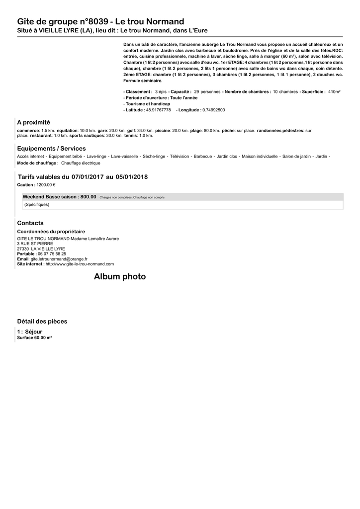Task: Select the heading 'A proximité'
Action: pyautogui.click(x=33, y=122)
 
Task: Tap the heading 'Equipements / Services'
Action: pyautogui.click(x=51, y=149)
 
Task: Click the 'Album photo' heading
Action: pyautogui.click(x=120, y=277)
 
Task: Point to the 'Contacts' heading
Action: pyautogui.click(x=30, y=223)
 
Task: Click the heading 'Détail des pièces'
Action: pyautogui.click(x=42, y=322)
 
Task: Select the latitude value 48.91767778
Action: pyautogui.click(x=158, y=110)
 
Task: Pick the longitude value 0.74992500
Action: pyautogui.click(x=213, y=110)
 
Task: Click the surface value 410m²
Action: pyautogui.click(x=334, y=92)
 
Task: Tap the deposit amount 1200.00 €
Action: pyautogui.click(x=46, y=184)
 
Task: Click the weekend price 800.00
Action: pyautogui.click(x=88, y=197)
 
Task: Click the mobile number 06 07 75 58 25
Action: pyautogui.click(x=52, y=254)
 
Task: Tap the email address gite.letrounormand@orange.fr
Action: pyautogui.click(x=59, y=259)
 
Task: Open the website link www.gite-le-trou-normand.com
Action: pyautogui.click(x=80, y=264)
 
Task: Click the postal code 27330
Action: pyautogui.click(x=23, y=249)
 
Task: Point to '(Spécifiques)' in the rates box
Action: pyautogui.click(x=37, y=204)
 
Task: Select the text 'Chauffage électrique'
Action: pyautogui.click(x=81, y=163)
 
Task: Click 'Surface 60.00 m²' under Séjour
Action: pyautogui.click(x=34, y=338)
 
